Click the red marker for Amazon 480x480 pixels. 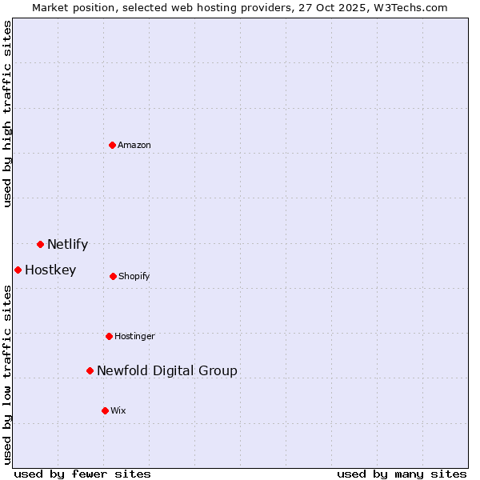click(x=113, y=145)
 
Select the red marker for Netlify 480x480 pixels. click(x=41, y=244)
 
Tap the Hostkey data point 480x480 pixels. click(x=18, y=270)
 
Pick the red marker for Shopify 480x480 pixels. click(x=113, y=276)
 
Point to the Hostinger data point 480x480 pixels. click(x=110, y=336)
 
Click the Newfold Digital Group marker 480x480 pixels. click(x=90, y=370)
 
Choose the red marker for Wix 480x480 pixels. click(x=105, y=410)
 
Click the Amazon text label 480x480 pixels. click(x=134, y=145)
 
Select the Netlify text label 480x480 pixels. click(x=67, y=244)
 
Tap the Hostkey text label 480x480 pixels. click(x=50, y=270)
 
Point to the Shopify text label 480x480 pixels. click(x=134, y=276)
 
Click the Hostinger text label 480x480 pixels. click(x=134, y=336)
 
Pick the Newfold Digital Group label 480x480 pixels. click(x=167, y=370)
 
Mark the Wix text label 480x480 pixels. click(x=118, y=410)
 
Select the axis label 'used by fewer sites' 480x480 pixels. click(x=82, y=474)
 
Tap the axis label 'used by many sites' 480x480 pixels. click(x=402, y=474)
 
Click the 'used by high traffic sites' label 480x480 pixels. click(x=8, y=114)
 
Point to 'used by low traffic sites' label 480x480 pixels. click(x=8, y=374)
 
